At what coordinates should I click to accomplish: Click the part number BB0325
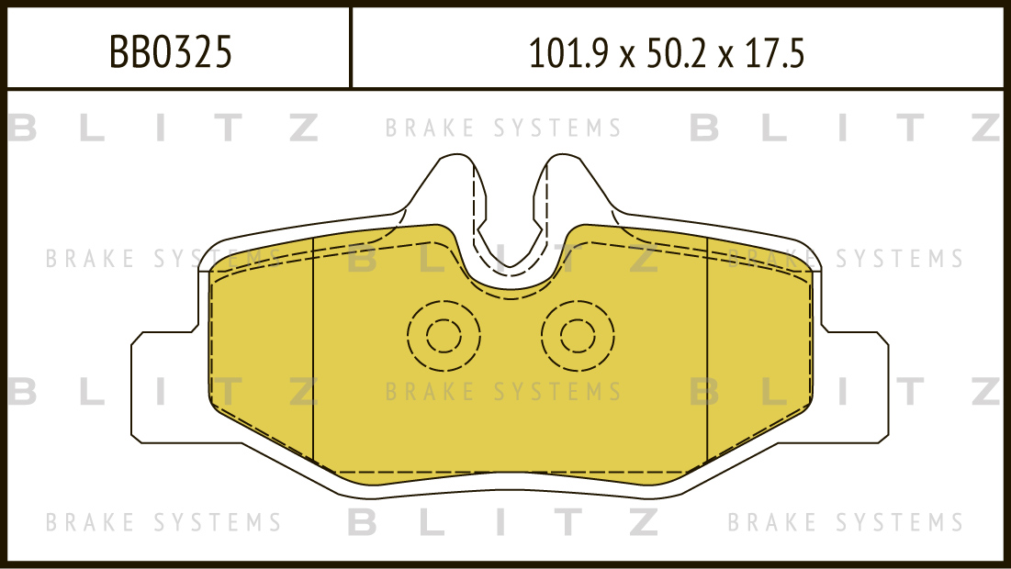pyautogui.click(x=170, y=51)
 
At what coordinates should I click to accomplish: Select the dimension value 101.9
pyautogui.click(x=568, y=53)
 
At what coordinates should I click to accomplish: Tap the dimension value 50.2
pyautogui.click(x=676, y=53)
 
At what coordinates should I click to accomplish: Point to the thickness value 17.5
pyautogui.click(x=774, y=53)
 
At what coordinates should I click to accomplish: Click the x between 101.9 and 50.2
pyautogui.click(x=627, y=57)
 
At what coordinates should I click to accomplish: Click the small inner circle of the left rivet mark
pyautogui.click(x=444, y=336)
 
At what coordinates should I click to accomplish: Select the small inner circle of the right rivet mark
pyautogui.click(x=578, y=336)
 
